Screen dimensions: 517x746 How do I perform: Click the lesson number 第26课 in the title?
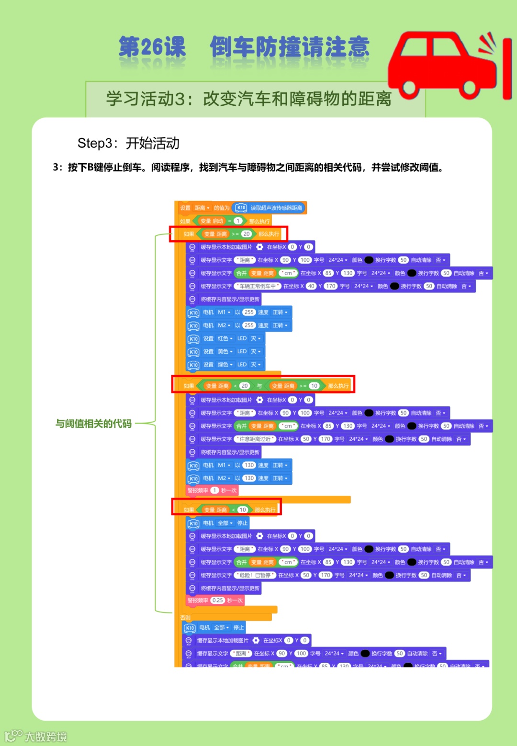[152, 47]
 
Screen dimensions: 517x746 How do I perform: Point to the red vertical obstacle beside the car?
[507, 70]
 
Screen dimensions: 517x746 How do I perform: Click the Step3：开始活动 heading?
[128, 143]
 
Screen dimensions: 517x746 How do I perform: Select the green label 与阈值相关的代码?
[93, 423]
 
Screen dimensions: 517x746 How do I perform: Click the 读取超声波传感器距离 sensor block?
[276, 208]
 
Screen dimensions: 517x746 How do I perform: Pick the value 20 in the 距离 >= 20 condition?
[246, 234]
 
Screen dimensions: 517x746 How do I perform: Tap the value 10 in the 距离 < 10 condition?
[243, 510]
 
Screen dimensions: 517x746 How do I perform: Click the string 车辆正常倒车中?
[258, 286]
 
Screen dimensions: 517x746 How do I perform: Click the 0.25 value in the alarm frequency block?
[218, 600]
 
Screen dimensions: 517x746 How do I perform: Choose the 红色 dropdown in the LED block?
[225, 338]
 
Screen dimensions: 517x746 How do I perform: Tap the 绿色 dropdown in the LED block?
[225, 365]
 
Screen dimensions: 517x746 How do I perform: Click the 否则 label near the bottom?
[185, 618]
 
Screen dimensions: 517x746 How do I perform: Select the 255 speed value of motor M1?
[249, 312]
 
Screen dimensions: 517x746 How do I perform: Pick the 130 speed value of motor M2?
[249, 478]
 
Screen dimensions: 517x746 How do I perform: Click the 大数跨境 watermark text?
[46, 736]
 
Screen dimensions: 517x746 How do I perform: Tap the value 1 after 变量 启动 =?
[238, 221]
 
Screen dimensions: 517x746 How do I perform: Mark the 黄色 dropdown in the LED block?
[225, 351]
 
